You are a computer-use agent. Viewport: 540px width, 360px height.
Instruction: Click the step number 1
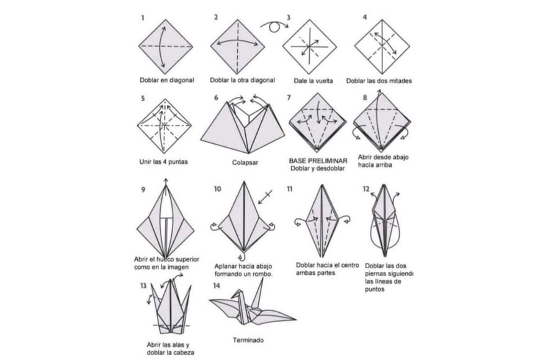pos(142,18)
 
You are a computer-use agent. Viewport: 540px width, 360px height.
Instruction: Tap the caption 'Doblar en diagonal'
pos(167,80)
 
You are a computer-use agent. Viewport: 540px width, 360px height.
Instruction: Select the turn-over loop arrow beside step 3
pos(274,26)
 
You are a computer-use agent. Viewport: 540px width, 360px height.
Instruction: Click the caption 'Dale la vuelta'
pos(313,81)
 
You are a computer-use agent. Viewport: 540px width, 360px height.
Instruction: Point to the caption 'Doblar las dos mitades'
pos(379,81)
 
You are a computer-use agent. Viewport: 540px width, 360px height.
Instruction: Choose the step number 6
pos(216,98)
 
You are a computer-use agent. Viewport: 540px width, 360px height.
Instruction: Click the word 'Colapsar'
pos(245,163)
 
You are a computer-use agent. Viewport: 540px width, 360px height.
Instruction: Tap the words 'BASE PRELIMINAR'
pos(318,161)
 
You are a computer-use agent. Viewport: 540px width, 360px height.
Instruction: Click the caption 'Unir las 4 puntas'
pos(164,161)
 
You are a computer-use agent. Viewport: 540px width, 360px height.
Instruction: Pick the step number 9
pos(143,189)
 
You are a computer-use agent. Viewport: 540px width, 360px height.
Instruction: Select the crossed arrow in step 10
pos(266,196)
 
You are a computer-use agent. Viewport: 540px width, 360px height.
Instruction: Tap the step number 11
pos(290,189)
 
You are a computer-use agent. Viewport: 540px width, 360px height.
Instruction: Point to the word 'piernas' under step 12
pos(377,274)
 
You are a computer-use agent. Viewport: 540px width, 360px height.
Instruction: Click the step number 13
pos(143,286)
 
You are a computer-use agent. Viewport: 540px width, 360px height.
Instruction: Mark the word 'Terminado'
pos(248,340)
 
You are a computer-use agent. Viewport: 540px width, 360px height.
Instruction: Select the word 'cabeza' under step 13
pos(184,353)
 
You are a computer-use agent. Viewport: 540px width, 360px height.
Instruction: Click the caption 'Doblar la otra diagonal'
pos(243,80)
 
